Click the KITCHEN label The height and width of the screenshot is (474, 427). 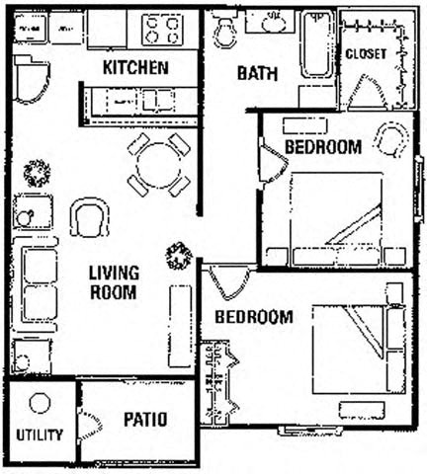click(x=135, y=68)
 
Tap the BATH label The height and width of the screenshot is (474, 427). click(x=256, y=73)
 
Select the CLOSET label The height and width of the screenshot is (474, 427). click(x=365, y=53)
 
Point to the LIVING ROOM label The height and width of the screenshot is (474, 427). click(x=114, y=281)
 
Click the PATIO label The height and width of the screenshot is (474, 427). click(x=145, y=420)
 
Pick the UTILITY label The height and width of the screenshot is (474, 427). click(x=40, y=434)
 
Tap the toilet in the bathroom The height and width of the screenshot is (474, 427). click(x=225, y=32)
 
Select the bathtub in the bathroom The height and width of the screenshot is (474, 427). click(x=317, y=44)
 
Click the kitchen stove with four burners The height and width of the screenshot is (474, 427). click(x=162, y=29)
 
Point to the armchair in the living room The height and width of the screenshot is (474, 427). click(x=89, y=216)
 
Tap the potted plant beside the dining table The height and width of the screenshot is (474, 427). click(x=38, y=173)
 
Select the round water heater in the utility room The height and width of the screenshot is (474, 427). click(x=40, y=403)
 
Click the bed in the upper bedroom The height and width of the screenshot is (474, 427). click(x=336, y=217)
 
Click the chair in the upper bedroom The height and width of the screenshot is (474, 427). click(x=390, y=139)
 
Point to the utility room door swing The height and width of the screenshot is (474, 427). click(x=89, y=425)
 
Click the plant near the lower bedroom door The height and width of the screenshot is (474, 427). click(x=179, y=256)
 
